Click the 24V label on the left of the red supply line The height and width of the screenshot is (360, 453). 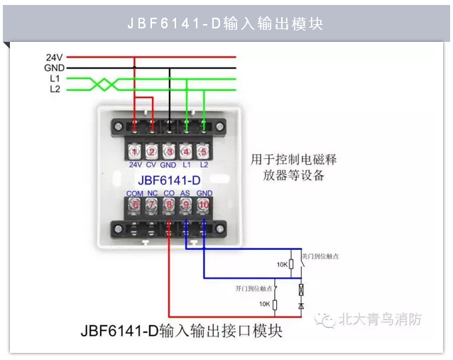(55, 57)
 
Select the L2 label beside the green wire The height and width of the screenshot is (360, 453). (55, 89)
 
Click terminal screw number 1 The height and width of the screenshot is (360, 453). (135, 151)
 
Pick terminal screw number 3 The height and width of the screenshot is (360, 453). (169, 151)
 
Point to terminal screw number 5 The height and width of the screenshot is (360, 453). (204, 151)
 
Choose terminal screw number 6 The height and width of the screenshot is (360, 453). (135, 205)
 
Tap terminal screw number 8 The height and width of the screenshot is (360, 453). (169, 205)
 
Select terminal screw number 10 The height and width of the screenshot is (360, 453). (204, 205)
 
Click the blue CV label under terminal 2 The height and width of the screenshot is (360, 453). (151, 165)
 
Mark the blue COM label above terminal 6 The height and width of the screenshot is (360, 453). (135, 192)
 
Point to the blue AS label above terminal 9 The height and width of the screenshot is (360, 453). (186, 192)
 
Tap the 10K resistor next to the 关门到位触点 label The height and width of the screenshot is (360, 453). (291, 264)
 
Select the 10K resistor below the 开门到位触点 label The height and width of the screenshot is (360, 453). (275, 304)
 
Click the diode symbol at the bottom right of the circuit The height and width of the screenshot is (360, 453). (302, 305)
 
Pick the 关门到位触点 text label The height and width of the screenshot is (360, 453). (321, 255)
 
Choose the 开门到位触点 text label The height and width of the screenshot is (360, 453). (253, 289)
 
